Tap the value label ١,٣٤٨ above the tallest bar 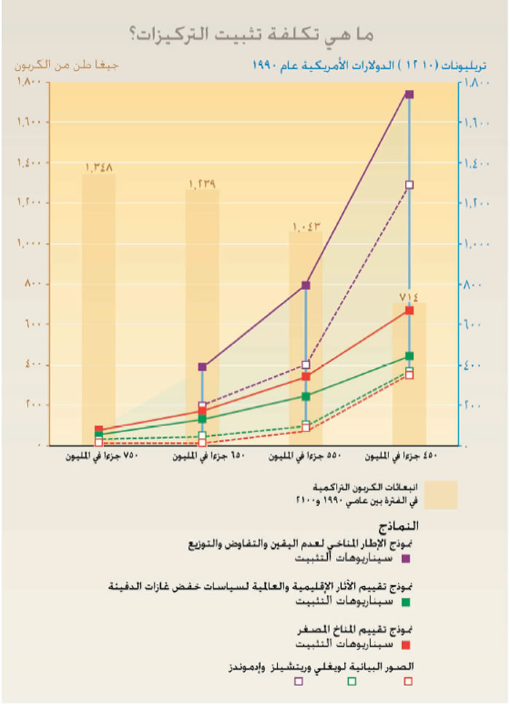pos(98,168)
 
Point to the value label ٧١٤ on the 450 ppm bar pos(409,296)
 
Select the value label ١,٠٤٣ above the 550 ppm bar pos(306,227)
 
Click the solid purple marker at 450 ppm pos(409,94)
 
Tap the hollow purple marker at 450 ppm pos(409,185)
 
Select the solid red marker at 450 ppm pos(409,311)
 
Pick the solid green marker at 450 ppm pos(409,356)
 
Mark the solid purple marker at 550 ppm pos(306,285)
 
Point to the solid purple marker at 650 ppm pos(203,367)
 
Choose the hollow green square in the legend pos(352,681)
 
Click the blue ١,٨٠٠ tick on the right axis pos(476,83)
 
